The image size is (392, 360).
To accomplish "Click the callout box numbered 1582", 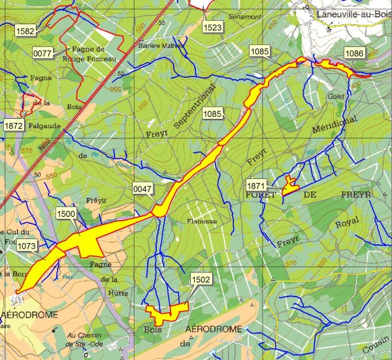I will pyautogui.click(x=25, y=31).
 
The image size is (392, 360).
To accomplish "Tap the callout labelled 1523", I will pyautogui.click(x=213, y=27).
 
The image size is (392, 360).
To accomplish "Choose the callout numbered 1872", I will pyautogui.click(x=14, y=125).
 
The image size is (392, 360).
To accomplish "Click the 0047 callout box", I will pyautogui.click(x=142, y=189).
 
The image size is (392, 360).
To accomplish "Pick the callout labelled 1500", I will pyautogui.click(x=66, y=214).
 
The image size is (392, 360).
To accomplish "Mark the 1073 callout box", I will pyautogui.click(x=27, y=246).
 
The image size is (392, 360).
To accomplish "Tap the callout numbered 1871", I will pyautogui.click(x=256, y=186).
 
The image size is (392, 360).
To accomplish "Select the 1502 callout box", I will pyautogui.click(x=201, y=280).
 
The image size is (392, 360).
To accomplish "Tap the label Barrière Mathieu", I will pyautogui.click(x=157, y=46).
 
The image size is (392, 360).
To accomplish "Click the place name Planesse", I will pyautogui.click(x=201, y=221).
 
